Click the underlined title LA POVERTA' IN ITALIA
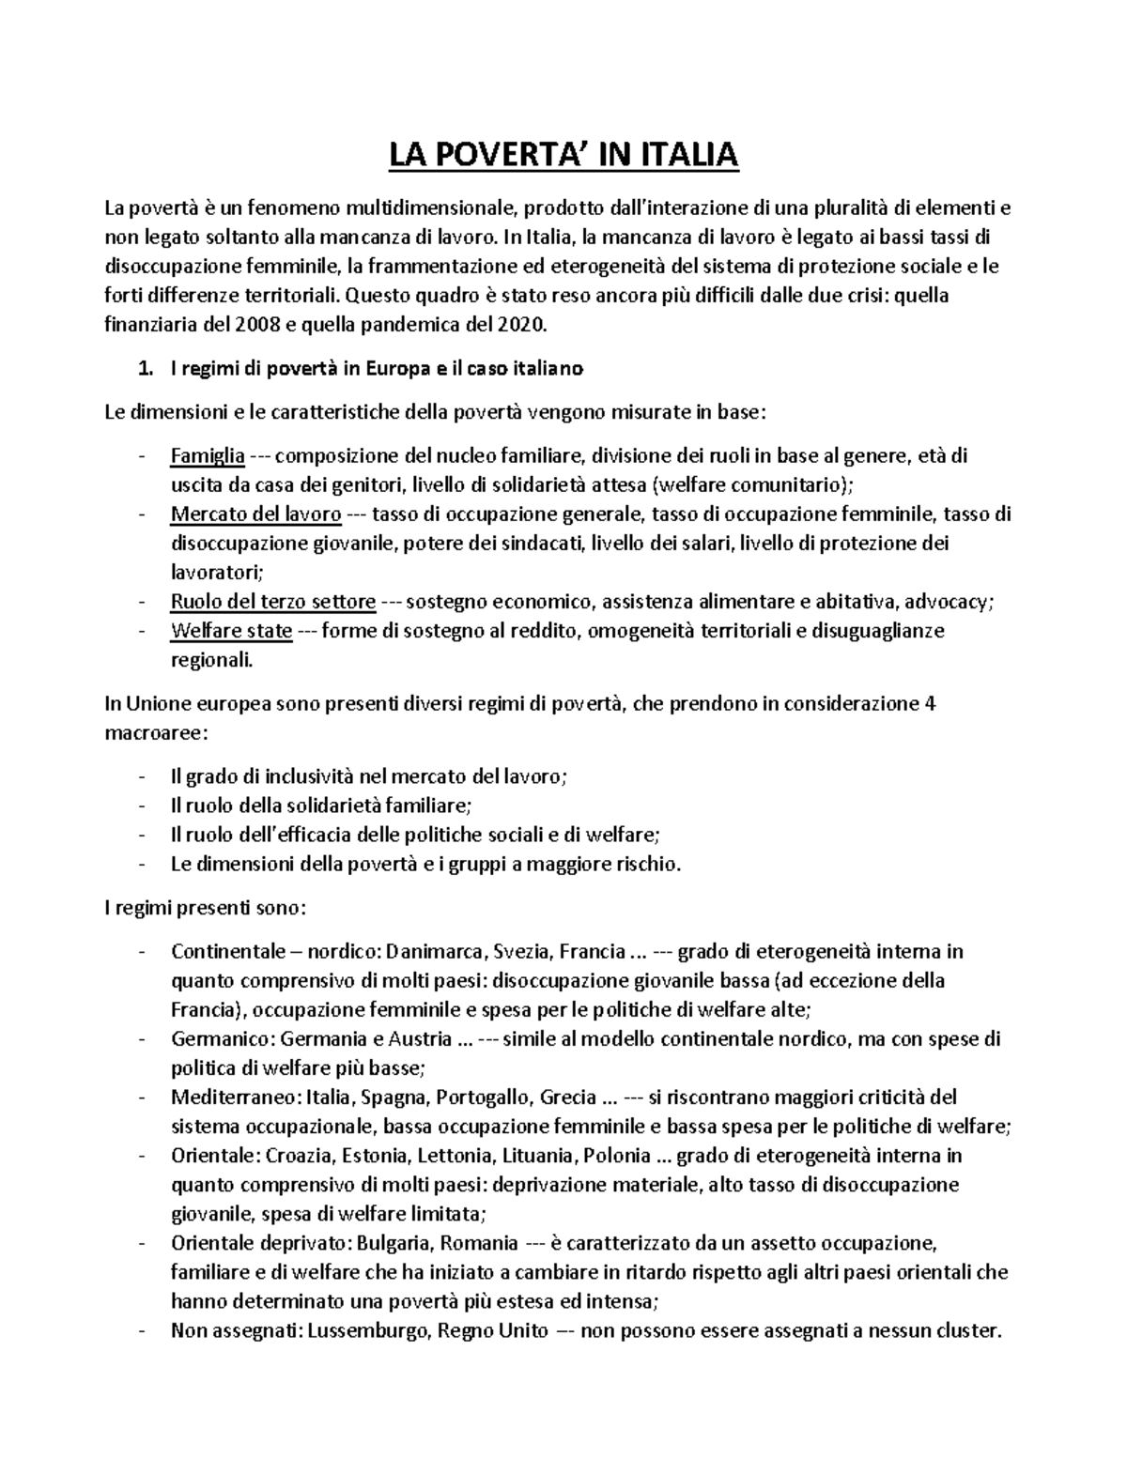(x=564, y=155)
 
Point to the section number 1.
(x=144, y=369)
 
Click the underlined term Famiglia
(x=208, y=456)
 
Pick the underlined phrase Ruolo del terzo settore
(x=273, y=602)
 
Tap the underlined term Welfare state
(x=231, y=631)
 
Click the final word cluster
(x=973, y=1331)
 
